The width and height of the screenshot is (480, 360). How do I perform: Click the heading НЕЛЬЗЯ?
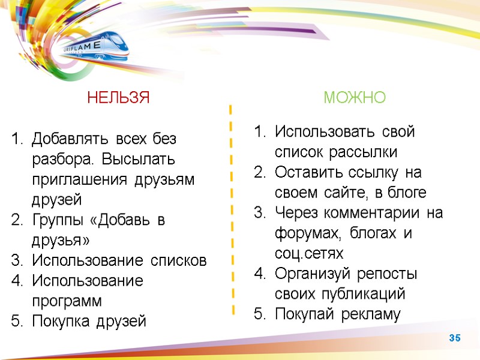118,98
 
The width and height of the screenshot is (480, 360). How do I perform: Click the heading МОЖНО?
355,98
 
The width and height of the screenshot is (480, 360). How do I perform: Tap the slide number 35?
455,339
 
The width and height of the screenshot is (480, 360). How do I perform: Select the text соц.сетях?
309,254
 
